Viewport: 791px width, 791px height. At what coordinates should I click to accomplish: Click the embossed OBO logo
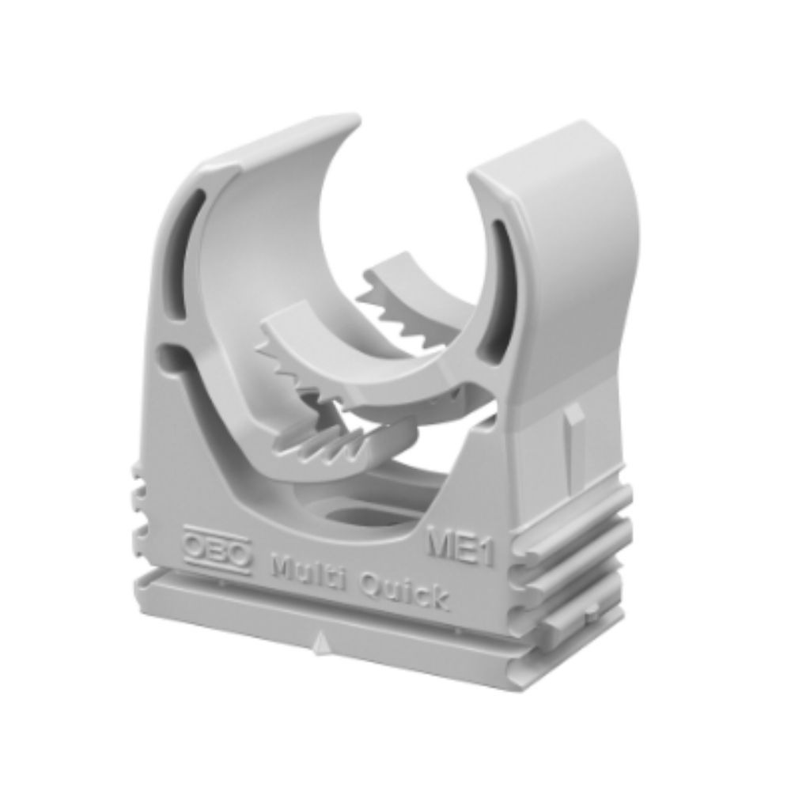(x=217, y=552)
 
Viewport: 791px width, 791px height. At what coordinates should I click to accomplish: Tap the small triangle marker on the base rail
(x=318, y=645)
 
